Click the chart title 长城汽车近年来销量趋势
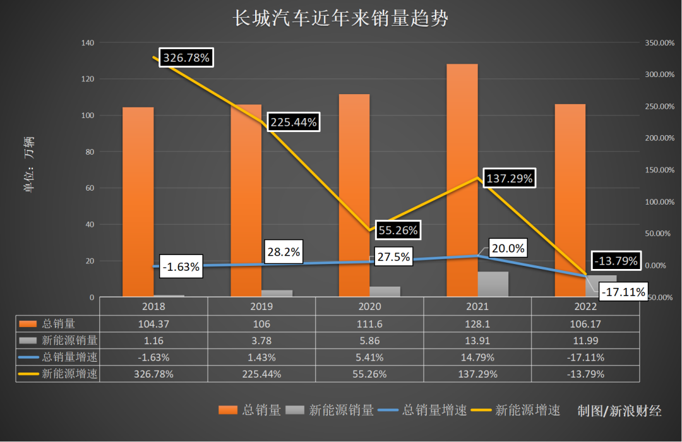click(x=341, y=18)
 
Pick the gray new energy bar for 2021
click(x=493, y=284)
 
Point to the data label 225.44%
click(x=294, y=122)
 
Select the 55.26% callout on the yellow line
click(x=398, y=230)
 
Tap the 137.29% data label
click(x=510, y=179)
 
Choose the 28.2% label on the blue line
click(x=284, y=253)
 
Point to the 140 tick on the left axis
click(x=87, y=43)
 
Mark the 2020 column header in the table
click(x=369, y=307)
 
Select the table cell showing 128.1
click(x=477, y=324)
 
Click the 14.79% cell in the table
click(x=477, y=357)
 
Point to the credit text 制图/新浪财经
click(x=619, y=411)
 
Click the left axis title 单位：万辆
click(x=29, y=164)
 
